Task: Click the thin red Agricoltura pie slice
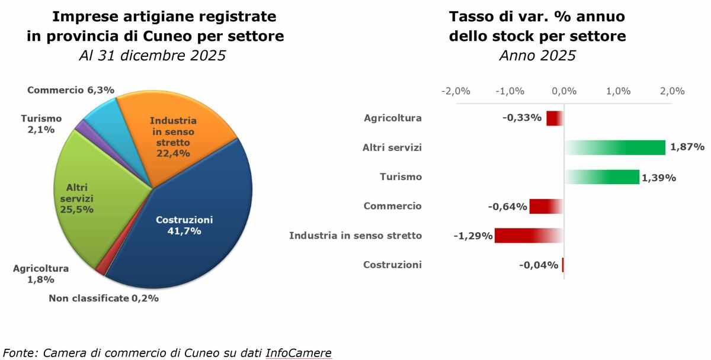tap(101, 269)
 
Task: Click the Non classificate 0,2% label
tap(104, 298)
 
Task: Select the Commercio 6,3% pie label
tap(71, 90)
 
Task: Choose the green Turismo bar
tap(602, 176)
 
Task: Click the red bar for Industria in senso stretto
tap(529, 236)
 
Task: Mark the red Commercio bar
tap(546, 206)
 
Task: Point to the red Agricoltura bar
tap(555, 118)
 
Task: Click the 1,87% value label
tap(687, 147)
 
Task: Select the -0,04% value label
tap(539, 265)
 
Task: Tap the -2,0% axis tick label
tap(456, 91)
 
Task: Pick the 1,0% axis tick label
tap(619, 91)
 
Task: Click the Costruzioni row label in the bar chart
tap(392, 265)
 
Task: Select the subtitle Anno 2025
tap(537, 56)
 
